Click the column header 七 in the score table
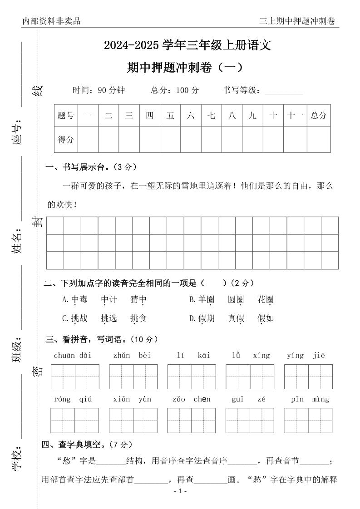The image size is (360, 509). tap(211, 116)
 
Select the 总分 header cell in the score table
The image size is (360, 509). tap(318, 116)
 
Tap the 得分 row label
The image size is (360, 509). tap(66, 140)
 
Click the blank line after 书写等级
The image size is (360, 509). tap(283, 91)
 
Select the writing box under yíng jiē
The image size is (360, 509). tap(308, 377)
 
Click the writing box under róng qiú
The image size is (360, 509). tap(74, 420)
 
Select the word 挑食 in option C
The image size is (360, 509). tap(138, 318)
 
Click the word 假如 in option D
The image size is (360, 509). tap(266, 318)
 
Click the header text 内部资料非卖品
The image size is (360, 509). tap(51, 21)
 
